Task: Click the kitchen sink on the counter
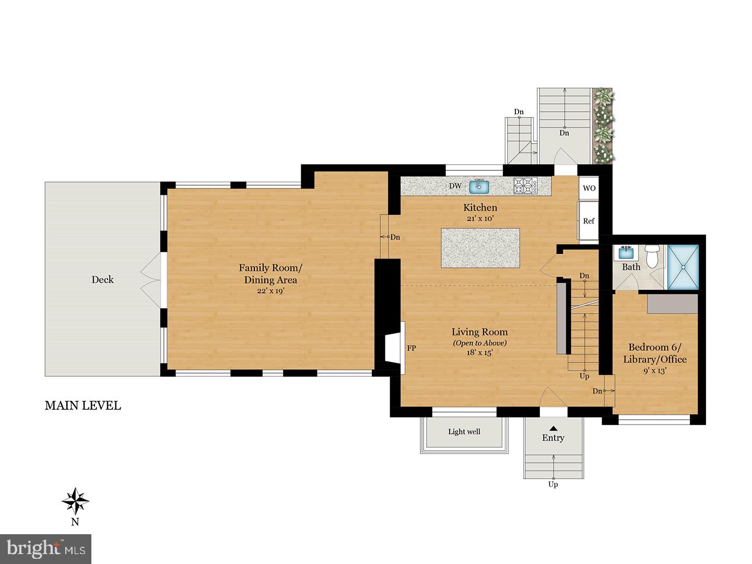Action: click(478, 186)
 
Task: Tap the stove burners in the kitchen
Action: click(525, 186)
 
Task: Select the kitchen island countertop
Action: click(480, 248)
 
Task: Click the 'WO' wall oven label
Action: click(589, 188)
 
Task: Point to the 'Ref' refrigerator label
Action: click(589, 221)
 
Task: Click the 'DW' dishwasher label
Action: click(455, 186)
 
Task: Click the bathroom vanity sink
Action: click(625, 253)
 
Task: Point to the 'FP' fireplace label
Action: click(412, 348)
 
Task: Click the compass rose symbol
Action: click(75, 501)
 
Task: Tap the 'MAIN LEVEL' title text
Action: click(83, 406)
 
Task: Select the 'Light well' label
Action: click(464, 432)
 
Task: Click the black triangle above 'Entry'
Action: click(553, 428)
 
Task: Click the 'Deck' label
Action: click(102, 279)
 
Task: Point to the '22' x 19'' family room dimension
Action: click(271, 291)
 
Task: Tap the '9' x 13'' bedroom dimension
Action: click(654, 371)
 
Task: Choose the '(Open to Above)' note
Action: click(479, 343)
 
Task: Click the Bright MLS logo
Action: click(46, 549)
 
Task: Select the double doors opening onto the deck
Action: click(150, 279)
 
